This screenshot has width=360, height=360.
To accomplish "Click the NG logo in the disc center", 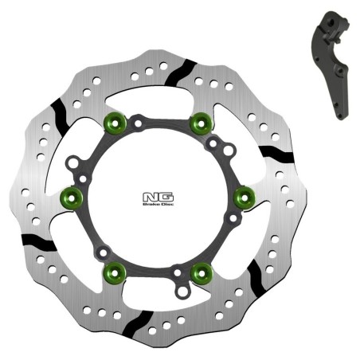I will pos(151,194).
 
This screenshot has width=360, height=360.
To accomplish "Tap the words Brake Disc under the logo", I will pos(151,202).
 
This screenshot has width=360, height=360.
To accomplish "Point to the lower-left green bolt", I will pos(112,268).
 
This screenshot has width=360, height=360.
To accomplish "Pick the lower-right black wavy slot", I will pos(256,276).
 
